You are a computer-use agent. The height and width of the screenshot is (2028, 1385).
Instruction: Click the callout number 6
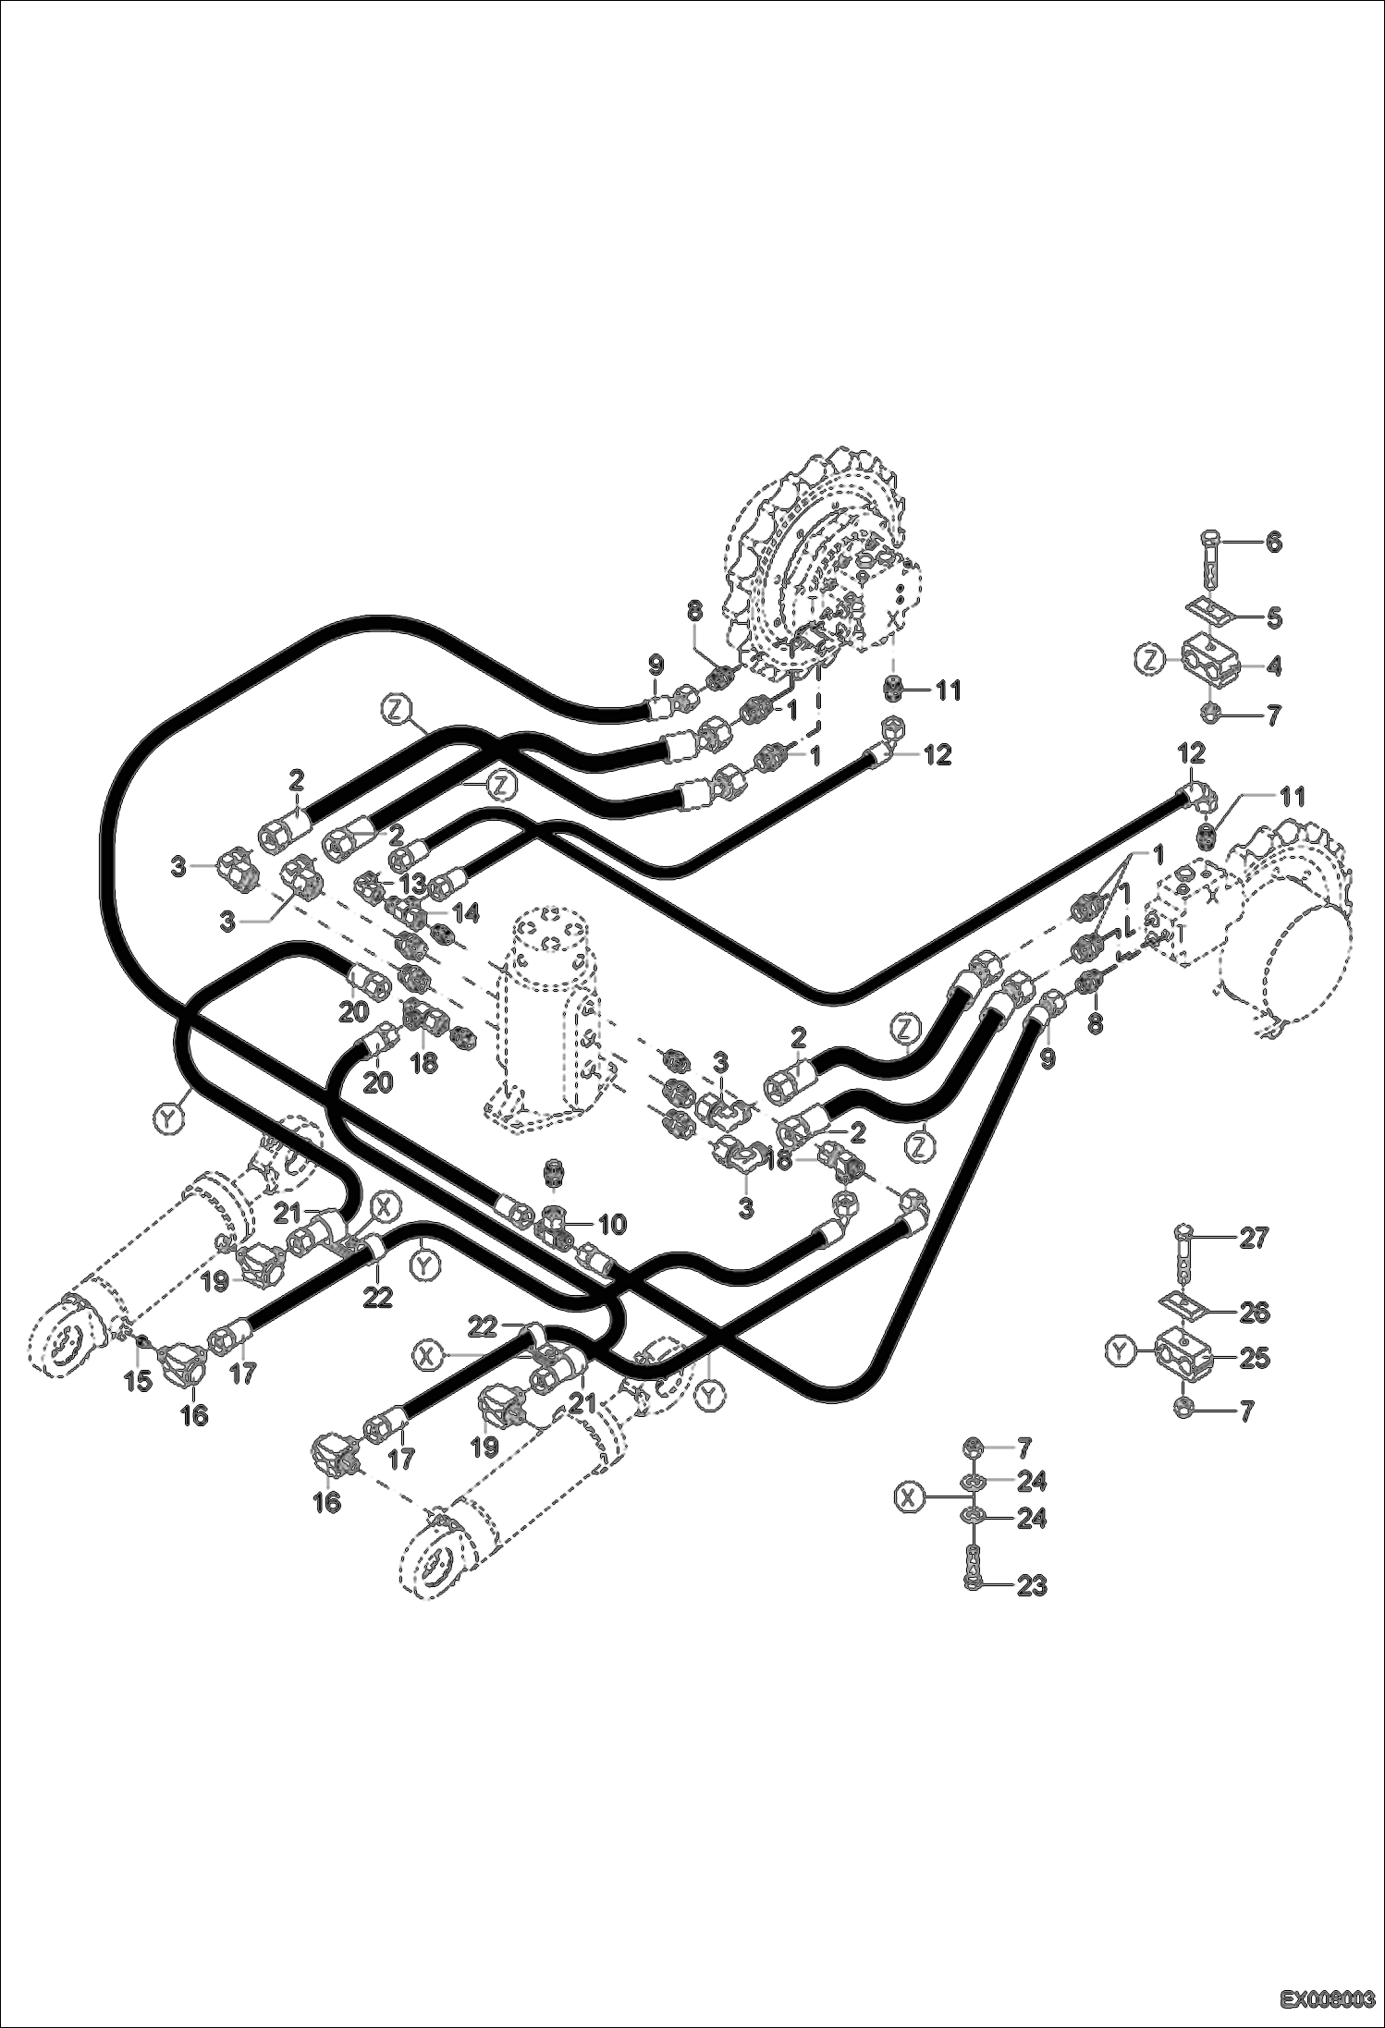1273,543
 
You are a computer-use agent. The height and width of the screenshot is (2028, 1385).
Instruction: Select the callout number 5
1273,617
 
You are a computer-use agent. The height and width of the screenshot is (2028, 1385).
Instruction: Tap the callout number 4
1273,666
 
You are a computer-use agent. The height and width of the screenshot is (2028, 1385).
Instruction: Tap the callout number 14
466,913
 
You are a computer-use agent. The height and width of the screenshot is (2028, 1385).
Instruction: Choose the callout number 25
1255,1358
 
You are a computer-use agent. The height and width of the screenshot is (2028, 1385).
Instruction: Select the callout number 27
1255,1238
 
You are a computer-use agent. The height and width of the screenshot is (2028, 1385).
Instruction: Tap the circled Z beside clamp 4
1149,661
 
